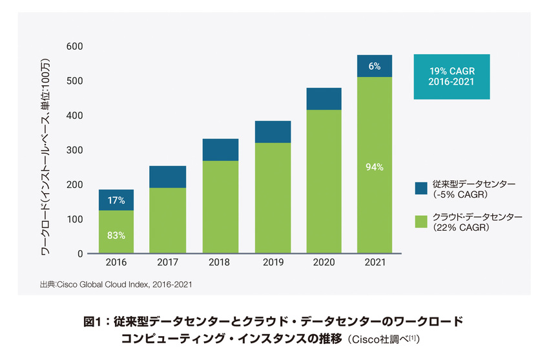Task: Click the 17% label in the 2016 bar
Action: (x=116, y=201)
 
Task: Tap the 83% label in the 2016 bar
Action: (x=116, y=235)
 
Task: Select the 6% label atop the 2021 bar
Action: (x=375, y=66)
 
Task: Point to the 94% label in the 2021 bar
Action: (x=375, y=167)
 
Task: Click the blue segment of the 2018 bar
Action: (x=220, y=150)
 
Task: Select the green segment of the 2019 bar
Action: (x=273, y=198)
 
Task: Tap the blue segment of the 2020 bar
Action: (x=324, y=99)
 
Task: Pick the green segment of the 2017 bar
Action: (x=168, y=220)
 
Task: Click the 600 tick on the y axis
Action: (x=75, y=47)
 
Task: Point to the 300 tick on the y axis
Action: (x=75, y=151)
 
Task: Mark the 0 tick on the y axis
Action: (x=80, y=254)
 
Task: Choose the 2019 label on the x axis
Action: (x=273, y=264)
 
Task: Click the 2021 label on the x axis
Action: (x=375, y=264)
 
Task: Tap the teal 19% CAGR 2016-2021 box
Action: (x=451, y=76)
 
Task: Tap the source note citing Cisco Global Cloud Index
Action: (x=116, y=284)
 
